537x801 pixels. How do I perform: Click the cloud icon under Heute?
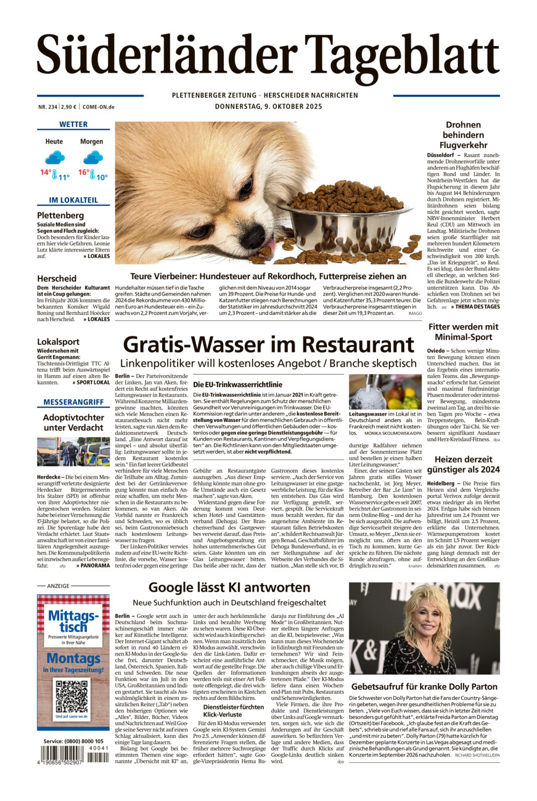pyautogui.click(x=54, y=157)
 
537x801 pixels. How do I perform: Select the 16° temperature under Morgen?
pyautogui.click(x=84, y=173)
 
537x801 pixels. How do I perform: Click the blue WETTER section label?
pyautogui.click(x=73, y=124)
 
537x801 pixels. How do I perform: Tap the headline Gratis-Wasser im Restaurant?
pyautogui.click(x=268, y=344)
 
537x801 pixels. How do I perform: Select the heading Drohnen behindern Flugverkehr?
pyautogui.click(x=463, y=135)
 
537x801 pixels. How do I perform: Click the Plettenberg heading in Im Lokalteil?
pyautogui.click(x=60, y=215)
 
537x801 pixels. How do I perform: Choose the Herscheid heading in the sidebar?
pyautogui.click(x=57, y=279)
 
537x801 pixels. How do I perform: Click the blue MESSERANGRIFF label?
pyautogui.click(x=73, y=402)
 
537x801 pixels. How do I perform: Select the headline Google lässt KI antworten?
pyautogui.click(x=229, y=587)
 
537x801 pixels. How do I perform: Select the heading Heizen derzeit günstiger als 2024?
pyautogui.click(x=463, y=465)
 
